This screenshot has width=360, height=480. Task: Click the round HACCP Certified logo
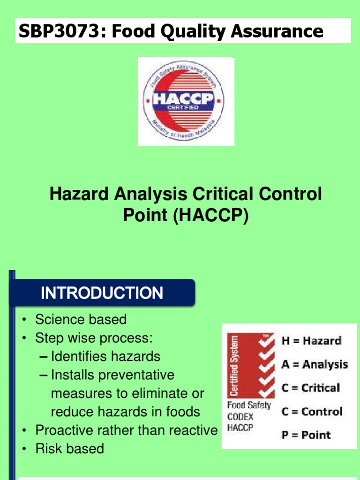point(184,101)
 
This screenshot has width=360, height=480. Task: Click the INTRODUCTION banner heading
point(102,293)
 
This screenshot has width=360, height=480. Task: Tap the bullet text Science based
point(81,320)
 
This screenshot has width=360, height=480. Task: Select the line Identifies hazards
point(105,356)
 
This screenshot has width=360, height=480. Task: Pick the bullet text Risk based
point(70,449)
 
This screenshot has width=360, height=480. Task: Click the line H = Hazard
point(311,341)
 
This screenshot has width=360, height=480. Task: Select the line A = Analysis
point(315,364)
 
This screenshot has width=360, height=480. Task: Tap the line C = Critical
point(310,388)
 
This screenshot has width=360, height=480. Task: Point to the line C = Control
point(312,412)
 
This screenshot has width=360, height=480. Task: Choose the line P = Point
point(306,435)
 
